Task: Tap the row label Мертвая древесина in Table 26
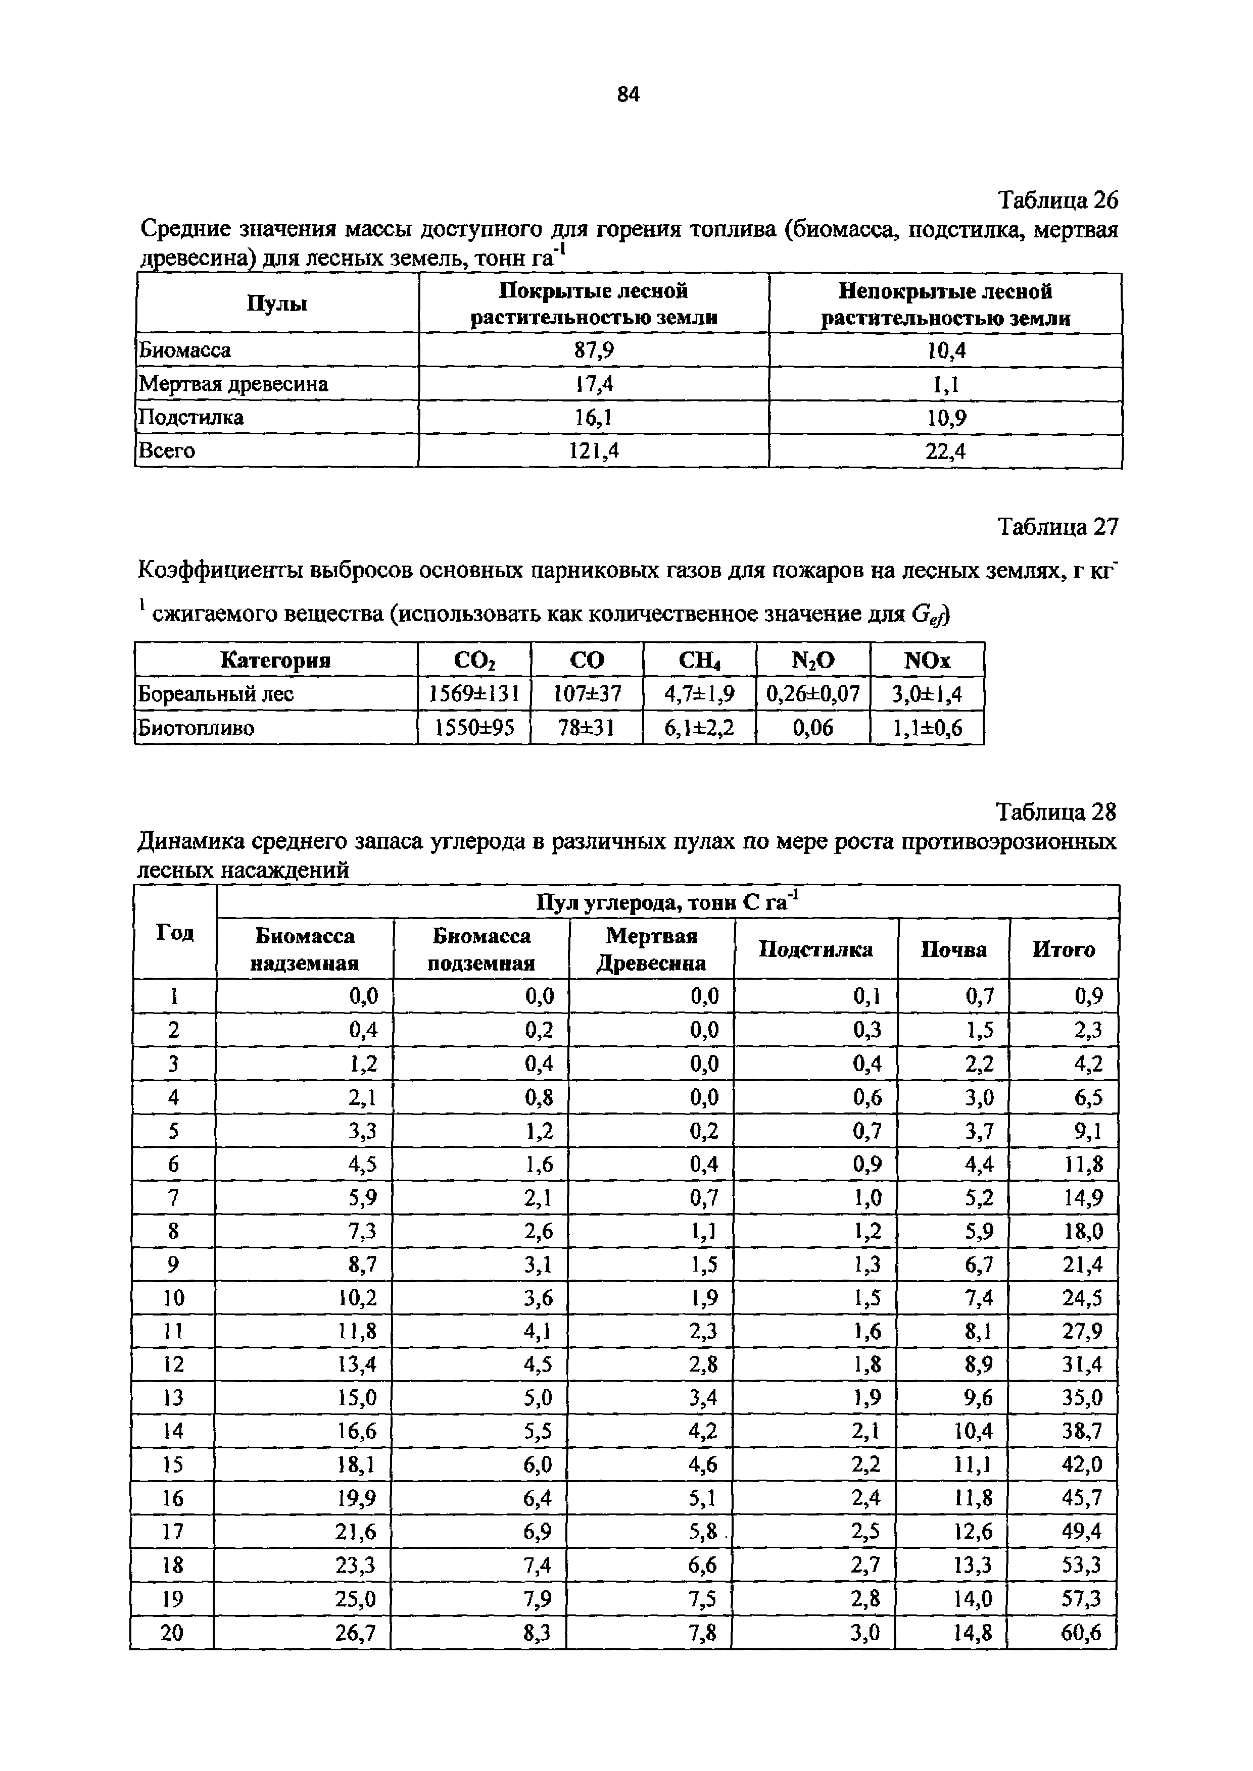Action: point(233,384)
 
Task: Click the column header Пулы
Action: point(277,304)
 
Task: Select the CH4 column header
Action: point(699,660)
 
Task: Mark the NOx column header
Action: point(928,660)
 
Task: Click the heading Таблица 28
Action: point(1056,812)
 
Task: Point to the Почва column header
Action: point(953,949)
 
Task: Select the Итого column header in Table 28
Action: point(1064,949)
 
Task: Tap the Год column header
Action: point(175,933)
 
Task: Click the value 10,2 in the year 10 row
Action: point(357,1298)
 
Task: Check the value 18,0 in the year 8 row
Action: point(1083,1231)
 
